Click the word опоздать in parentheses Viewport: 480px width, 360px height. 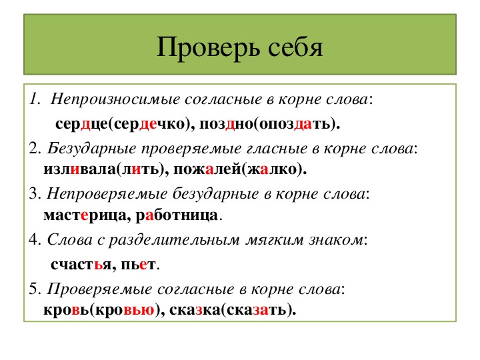(x=295, y=124)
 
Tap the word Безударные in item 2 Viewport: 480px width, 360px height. (x=91, y=149)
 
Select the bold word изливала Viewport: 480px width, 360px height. (x=79, y=169)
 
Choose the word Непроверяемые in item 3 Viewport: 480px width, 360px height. (x=107, y=194)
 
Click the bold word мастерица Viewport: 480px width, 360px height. (x=85, y=215)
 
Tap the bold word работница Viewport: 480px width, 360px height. (x=177, y=215)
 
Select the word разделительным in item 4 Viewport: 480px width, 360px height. (x=175, y=240)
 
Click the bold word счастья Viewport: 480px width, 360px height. (x=81, y=265)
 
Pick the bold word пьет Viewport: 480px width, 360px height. (x=139, y=265)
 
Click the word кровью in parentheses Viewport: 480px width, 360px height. (x=125, y=310)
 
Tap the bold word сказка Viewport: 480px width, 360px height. (x=195, y=309)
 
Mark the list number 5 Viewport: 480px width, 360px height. (x=33, y=289)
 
